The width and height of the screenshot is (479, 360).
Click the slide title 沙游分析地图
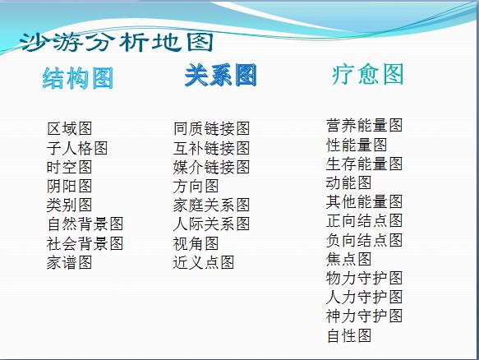coord(117,42)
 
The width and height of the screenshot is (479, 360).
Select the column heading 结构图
coord(78,79)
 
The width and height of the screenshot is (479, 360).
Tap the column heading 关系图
coord(220,76)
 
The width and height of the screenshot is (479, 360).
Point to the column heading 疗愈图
coord(368,75)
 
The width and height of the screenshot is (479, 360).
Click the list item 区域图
coord(69,129)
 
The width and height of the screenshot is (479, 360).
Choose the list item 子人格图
coord(77,148)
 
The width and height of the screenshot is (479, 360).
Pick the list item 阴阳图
coord(69,186)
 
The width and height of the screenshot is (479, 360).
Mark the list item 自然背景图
coord(85,224)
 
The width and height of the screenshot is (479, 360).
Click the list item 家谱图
coord(69,262)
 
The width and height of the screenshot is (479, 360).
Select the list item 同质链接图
coord(211,129)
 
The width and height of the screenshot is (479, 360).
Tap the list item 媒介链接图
coord(211,167)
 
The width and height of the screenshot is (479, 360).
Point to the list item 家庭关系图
coord(211,205)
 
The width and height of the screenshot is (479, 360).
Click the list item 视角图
coord(196,243)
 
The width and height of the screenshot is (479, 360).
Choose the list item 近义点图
coord(203,262)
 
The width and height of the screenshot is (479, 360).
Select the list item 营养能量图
coord(364,126)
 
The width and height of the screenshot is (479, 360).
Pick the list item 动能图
coord(348,182)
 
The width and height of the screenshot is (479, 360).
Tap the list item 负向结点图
coord(364,240)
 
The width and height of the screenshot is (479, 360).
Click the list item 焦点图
coord(348,259)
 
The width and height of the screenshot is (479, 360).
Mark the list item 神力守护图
coord(364,316)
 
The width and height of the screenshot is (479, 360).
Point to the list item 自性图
coord(348,335)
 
